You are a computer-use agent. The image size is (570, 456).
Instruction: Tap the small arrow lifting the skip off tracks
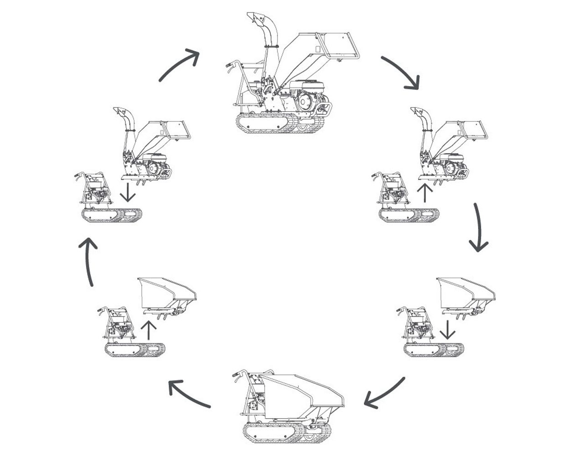(149, 329)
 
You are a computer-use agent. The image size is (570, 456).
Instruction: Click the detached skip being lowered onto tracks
(465, 294)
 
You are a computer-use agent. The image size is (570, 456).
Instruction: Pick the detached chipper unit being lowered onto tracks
(150, 146)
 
